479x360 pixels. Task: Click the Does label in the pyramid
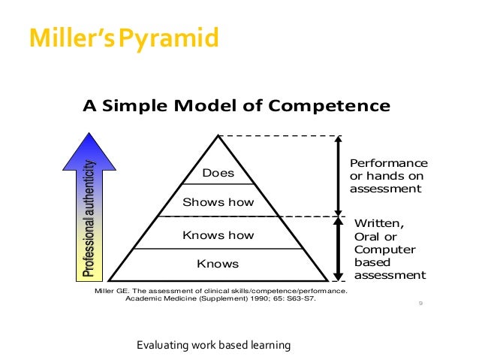click(218, 174)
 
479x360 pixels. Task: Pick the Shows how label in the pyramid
click(218, 202)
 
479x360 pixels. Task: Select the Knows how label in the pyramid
click(218, 235)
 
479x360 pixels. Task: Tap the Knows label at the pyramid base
click(218, 264)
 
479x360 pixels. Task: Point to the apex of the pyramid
click(218, 136)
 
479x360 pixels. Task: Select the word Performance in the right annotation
click(388, 163)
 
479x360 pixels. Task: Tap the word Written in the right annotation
click(378, 222)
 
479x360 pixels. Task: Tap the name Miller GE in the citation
click(110, 290)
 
